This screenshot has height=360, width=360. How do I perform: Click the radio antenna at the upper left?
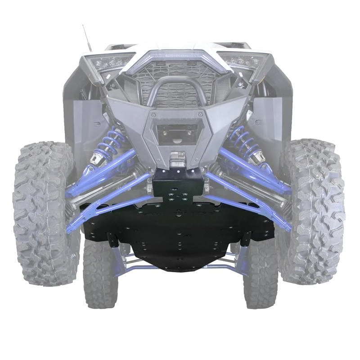click(87, 38)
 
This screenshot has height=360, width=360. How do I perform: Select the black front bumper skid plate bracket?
click(178, 180)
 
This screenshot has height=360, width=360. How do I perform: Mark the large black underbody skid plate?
click(180, 234)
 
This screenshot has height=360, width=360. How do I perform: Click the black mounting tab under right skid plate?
click(246, 239)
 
